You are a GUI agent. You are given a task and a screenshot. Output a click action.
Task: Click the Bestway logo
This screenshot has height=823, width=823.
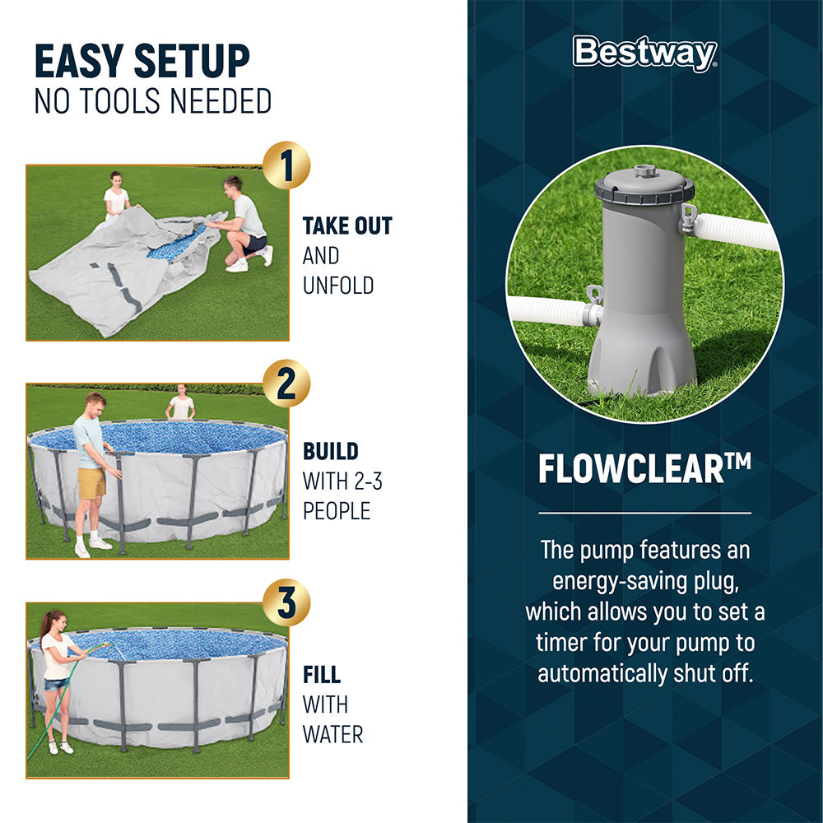pos(644,53)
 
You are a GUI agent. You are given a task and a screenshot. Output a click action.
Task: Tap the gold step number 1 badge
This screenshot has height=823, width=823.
pos(286,165)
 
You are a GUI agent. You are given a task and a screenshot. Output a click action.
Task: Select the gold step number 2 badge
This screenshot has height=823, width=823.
pos(286,384)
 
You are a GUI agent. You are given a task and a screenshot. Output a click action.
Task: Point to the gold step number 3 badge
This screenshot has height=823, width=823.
pos(286,603)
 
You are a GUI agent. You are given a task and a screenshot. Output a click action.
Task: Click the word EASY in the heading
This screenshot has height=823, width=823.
pos(80,62)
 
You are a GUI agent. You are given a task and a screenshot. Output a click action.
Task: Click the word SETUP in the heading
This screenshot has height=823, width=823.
pos(191,62)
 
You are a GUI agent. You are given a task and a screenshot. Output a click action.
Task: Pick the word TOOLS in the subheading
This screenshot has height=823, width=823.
pos(123,101)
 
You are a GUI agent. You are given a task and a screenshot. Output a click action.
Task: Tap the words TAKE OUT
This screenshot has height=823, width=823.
pos(347,226)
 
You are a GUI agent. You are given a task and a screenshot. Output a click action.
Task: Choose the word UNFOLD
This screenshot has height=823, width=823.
pos(338,286)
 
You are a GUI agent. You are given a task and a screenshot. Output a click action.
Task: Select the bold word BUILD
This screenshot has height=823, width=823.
pos(331,451)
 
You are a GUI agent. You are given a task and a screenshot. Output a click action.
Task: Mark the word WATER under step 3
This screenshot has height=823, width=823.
pos(332,734)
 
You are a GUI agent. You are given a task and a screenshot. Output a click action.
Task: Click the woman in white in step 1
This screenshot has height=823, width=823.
pos(116,198)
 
